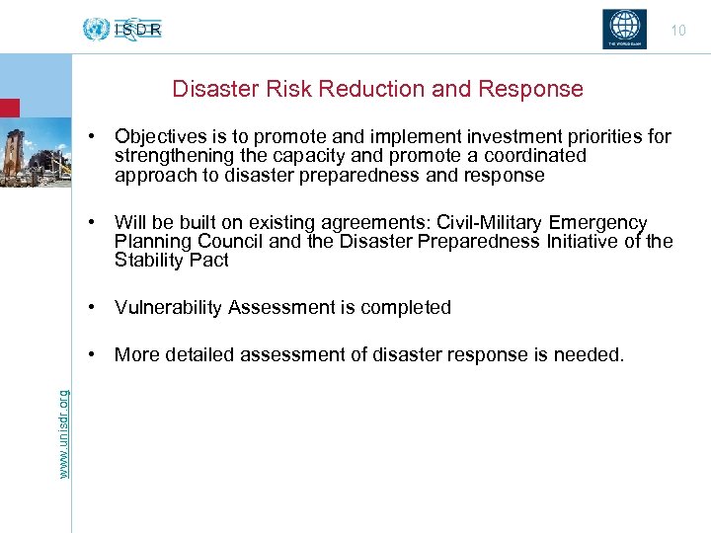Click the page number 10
(x=677, y=31)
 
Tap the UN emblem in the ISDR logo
(x=97, y=29)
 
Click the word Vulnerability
(x=168, y=307)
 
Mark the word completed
(x=403, y=307)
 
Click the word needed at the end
(x=593, y=354)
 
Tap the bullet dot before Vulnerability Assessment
(x=90, y=307)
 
